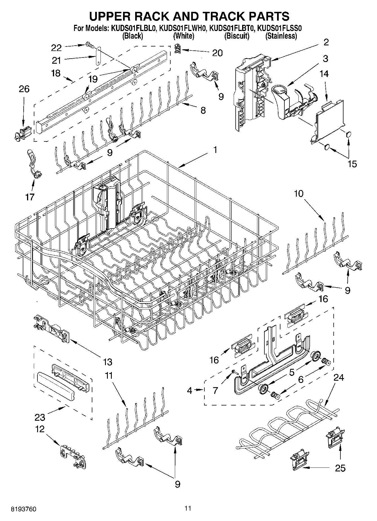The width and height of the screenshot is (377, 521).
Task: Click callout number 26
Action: (x=24, y=89)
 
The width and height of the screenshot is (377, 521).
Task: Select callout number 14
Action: (x=324, y=74)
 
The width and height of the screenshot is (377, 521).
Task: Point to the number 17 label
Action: (x=30, y=197)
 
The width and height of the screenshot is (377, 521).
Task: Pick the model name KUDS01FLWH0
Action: (x=183, y=28)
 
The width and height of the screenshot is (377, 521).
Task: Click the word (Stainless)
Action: (x=281, y=36)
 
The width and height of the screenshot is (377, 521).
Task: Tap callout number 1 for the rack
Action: (x=215, y=150)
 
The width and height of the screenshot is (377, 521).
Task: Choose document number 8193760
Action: (x=24, y=509)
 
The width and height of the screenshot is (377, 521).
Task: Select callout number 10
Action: (x=299, y=194)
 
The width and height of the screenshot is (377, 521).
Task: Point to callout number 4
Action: (x=189, y=391)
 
